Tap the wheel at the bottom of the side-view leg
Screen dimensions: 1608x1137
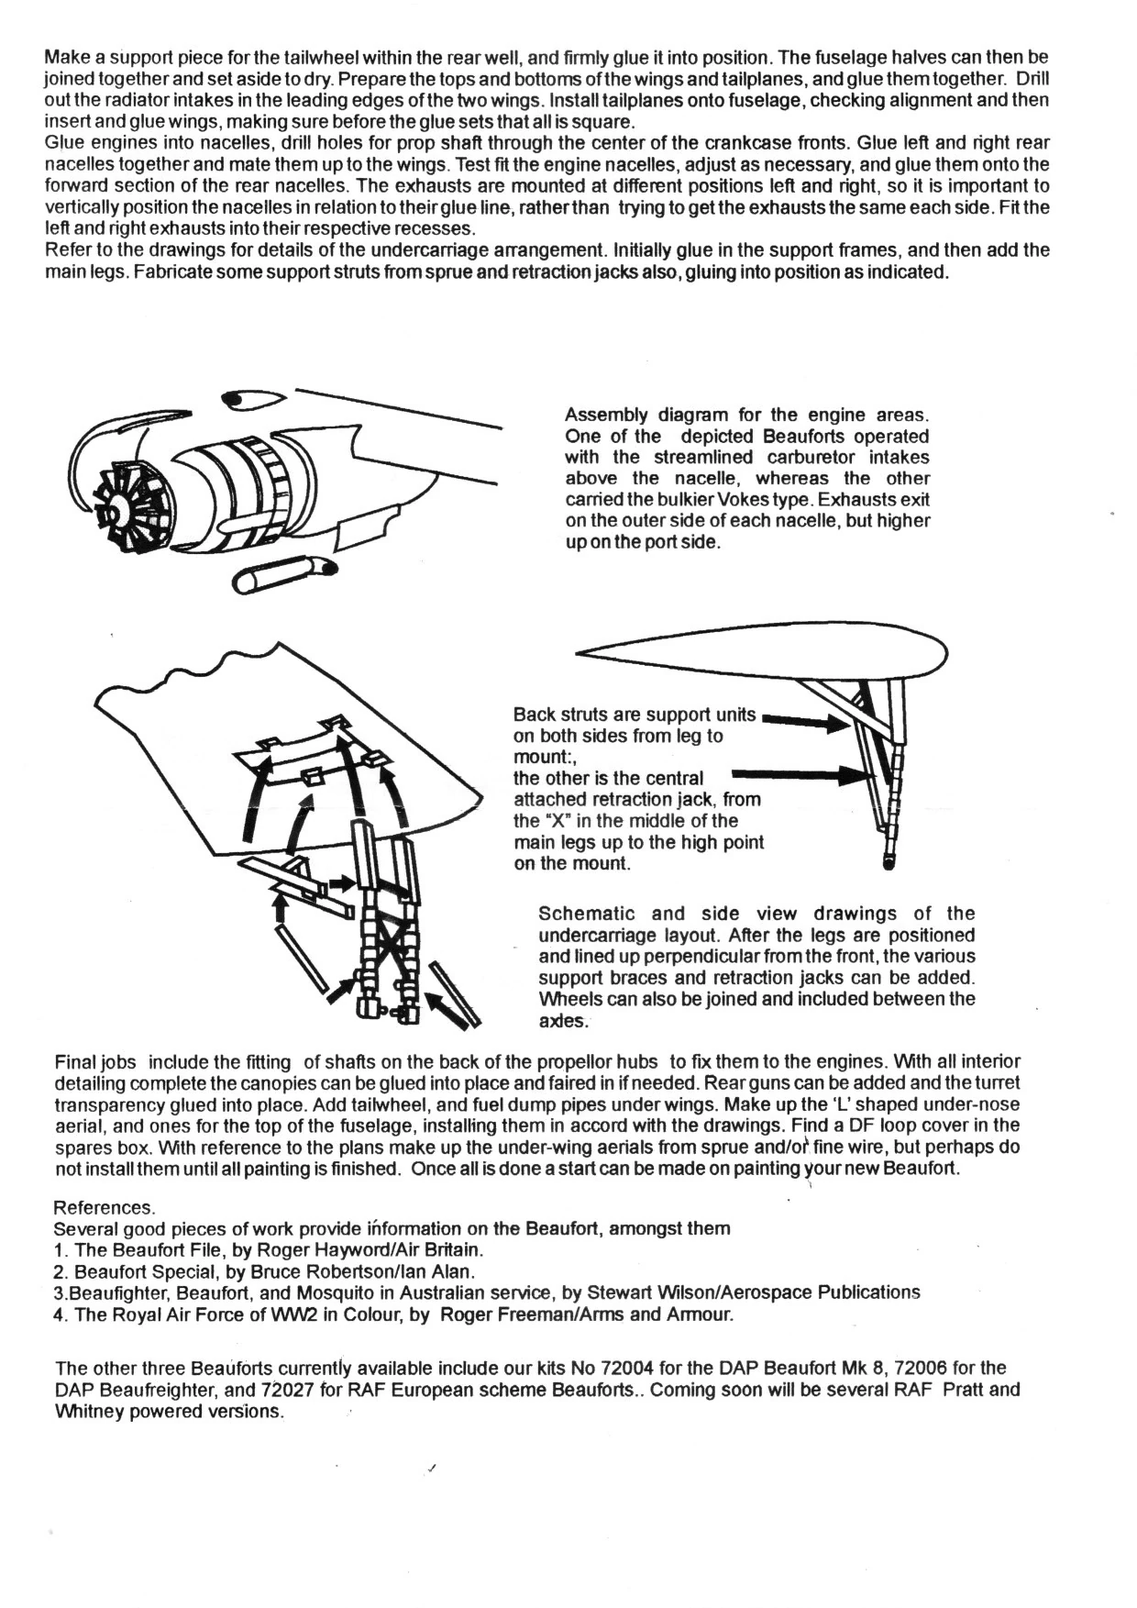888,861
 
